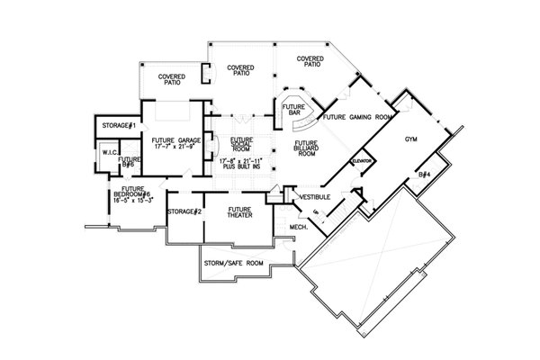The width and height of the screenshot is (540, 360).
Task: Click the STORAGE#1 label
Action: pos(119,125)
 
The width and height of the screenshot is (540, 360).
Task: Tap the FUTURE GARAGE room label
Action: pos(175,141)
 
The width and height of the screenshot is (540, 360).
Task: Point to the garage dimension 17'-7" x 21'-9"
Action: pos(175,148)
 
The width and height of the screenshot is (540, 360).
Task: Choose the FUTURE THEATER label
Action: pos(239,213)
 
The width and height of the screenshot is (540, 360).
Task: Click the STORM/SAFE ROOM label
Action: pos(233,263)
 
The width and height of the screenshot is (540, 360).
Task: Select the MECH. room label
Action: pos(300,227)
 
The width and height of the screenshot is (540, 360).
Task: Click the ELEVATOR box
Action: pos(363,159)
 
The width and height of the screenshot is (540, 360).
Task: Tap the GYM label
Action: pos(411,140)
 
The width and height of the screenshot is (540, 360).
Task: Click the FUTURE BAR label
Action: pos(294,110)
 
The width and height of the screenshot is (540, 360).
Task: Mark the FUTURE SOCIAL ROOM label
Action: pos(240,145)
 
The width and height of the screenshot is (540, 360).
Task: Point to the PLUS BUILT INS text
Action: pos(239,166)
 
